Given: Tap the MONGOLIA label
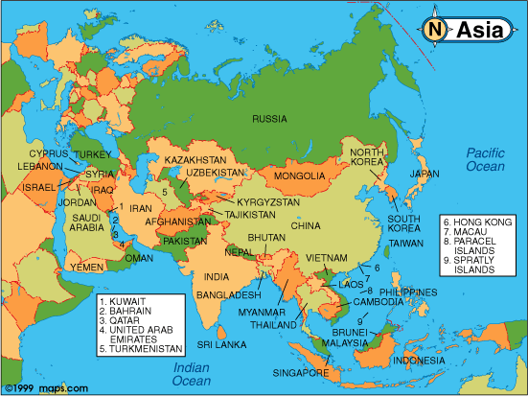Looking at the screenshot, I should coord(299,176).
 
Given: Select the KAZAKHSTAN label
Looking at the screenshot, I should coord(195,158).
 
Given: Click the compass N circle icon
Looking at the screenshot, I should coord(437,30).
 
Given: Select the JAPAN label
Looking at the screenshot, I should coord(425,174).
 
